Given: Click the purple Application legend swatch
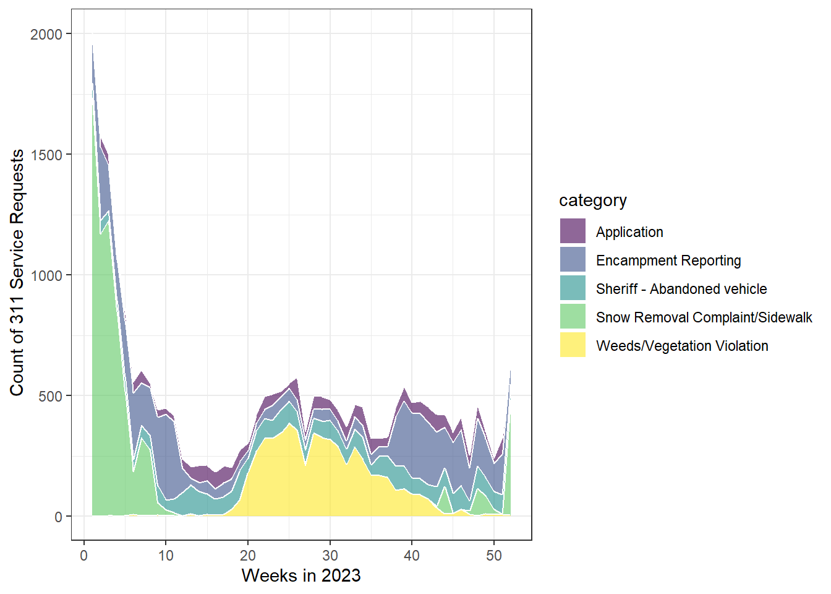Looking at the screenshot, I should click(x=573, y=231).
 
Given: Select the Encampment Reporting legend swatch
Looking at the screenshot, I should click(x=573, y=260).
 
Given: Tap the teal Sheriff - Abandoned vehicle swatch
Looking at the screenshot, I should click(x=573, y=288).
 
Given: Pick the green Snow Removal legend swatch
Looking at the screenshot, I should click(x=573, y=317).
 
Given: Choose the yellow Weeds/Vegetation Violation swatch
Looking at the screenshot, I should click(x=573, y=345).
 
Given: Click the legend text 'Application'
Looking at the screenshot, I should click(x=629, y=232).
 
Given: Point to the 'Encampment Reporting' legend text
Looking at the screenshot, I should click(x=668, y=260).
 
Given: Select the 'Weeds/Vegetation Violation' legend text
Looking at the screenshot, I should click(x=682, y=346).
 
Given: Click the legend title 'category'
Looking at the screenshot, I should click(x=592, y=200).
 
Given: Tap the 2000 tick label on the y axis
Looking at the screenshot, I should click(x=46, y=35).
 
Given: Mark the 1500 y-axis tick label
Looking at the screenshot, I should click(x=46, y=155).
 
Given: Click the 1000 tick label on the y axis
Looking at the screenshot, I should click(x=46, y=276).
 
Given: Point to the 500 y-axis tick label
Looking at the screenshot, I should click(x=50, y=397).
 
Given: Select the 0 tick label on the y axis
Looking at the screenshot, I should click(x=58, y=517).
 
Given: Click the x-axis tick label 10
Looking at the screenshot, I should click(x=166, y=556).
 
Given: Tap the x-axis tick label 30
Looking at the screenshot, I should click(x=330, y=556).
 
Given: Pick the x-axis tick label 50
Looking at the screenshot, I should click(x=494, y=556).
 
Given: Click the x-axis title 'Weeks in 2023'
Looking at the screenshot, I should click(x=301, y=575).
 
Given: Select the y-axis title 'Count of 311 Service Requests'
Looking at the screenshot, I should click(x=17, y=272).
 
